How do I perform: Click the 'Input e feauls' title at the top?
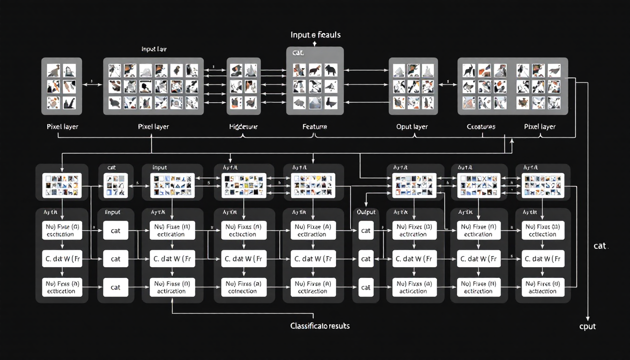coord(315,35)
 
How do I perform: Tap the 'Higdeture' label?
coord(243,127)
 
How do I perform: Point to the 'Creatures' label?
coord(481,127)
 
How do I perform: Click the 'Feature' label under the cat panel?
coord(315,127)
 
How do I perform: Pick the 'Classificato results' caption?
coord(320,325)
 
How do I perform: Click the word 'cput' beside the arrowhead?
coord(587,326)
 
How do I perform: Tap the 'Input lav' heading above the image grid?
coord(153,49)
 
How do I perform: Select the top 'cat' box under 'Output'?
coord(366,231)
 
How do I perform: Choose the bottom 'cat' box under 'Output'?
coord(366,287)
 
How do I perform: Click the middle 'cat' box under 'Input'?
coord(115,259)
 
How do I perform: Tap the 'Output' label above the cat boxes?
coord(366,212)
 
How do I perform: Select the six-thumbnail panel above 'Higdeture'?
coord(243,86)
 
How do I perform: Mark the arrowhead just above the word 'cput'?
coord(588,315)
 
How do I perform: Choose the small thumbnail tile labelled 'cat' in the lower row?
coord(115,185)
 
